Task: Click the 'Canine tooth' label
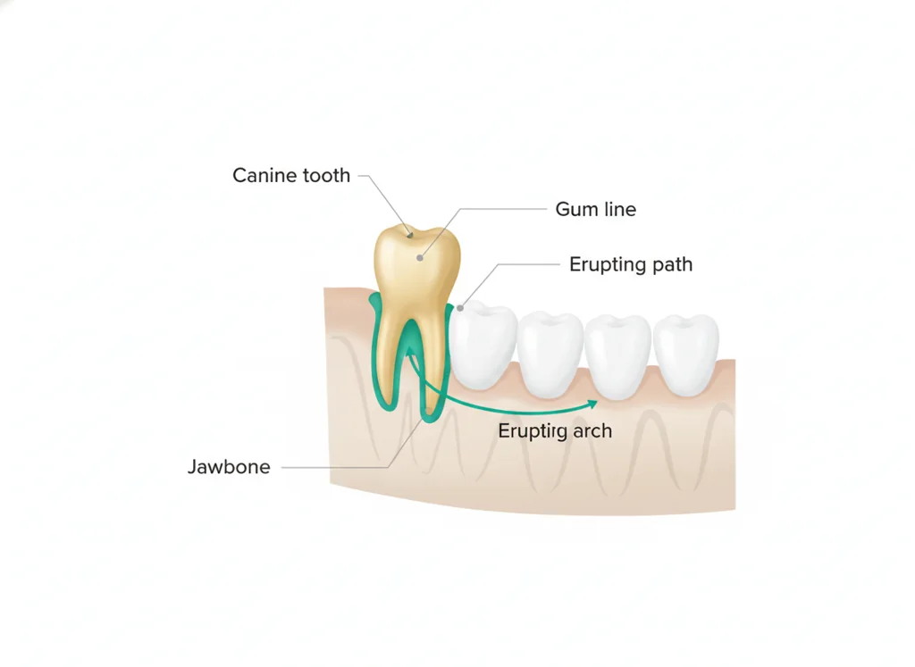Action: tap(291, 175)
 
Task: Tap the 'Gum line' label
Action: tap(596, 209)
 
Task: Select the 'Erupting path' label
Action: tap(631, 264)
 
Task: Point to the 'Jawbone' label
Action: tap(229, 466)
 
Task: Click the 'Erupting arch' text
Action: tap(555, 431)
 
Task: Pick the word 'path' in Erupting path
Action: tap(673, 264)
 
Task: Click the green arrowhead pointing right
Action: tap(593, 404)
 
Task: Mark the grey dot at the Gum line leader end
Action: tap(420, 258)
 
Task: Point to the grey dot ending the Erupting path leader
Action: tap(460, 308)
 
